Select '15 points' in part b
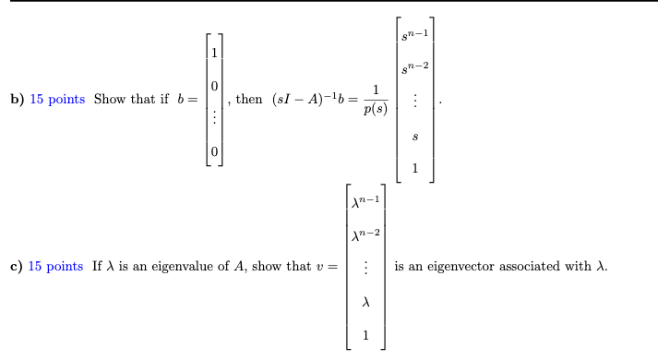coord(57,100)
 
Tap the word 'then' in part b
coord(249,100)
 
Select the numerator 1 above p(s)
coord(375,90)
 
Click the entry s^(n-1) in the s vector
coord(414,35)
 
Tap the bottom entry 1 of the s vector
coord(414,167)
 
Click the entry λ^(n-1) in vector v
coord(366,201)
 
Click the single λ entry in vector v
coord(366,301)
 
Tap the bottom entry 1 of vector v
coord(366,334)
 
